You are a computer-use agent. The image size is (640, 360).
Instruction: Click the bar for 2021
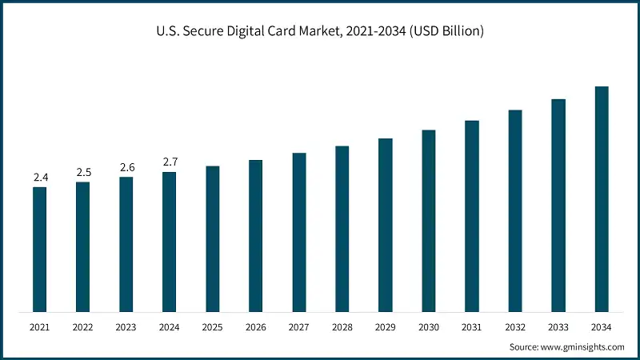pos(39,249)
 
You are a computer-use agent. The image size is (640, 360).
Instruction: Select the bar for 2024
pos(169,241)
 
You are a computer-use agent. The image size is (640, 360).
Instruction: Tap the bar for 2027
pos(299,231)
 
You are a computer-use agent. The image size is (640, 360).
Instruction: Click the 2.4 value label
pos(40,177)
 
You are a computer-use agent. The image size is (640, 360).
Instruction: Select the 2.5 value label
pos(83,172)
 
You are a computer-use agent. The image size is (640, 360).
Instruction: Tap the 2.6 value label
pos(126,167)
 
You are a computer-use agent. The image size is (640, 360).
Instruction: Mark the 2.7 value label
pos(170,162)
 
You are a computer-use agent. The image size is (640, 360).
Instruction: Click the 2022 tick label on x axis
pos(83,327)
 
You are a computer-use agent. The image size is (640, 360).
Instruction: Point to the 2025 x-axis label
pos(213,327)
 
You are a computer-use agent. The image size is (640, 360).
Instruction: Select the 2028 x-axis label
pos(342,327)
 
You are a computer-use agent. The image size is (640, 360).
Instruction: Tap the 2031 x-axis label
pos(472,327)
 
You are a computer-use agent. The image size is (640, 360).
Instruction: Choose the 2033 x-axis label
pos(558,327)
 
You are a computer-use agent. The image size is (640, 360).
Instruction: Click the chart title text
pos(320,31)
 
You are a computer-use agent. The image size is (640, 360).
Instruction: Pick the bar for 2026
pos(256,235)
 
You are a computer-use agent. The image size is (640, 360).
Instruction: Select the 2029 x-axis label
pos(386,327)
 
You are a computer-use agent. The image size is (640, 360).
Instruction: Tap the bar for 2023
pos(126,244)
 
